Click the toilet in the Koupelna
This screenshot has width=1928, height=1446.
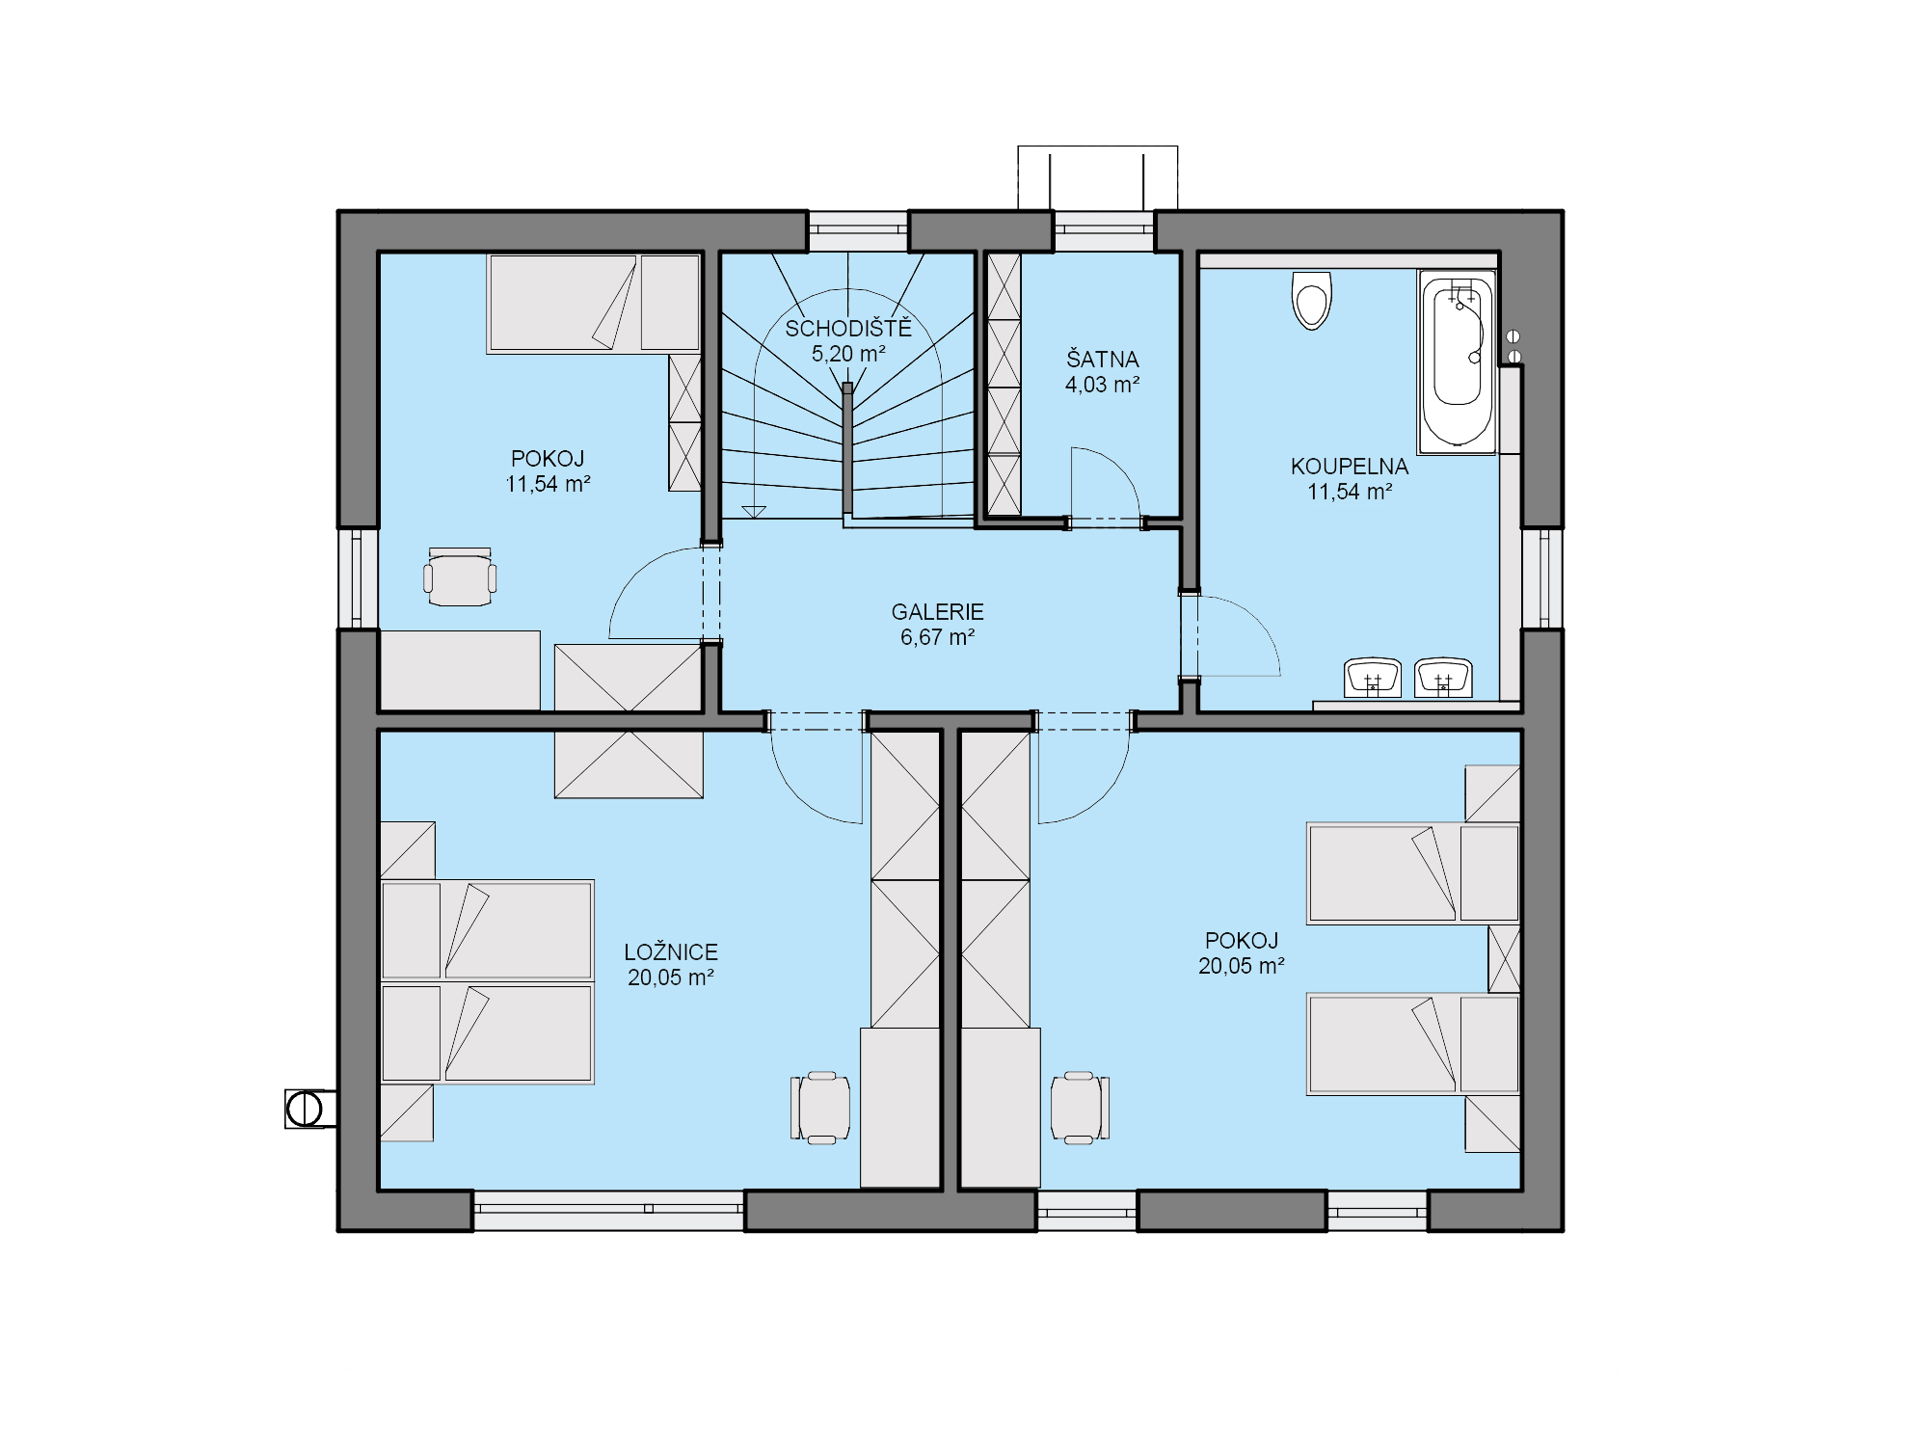point(1312,300)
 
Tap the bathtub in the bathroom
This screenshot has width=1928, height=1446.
point(1457,361)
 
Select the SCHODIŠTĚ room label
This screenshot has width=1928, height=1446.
point(848,329)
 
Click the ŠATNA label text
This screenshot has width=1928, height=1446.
point(1102,359)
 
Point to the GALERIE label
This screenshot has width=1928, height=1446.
point(937,612)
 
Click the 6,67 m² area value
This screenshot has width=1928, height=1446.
point(937,637)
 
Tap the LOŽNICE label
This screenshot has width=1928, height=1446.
point(671,951)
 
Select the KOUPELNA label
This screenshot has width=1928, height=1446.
point(1350,467)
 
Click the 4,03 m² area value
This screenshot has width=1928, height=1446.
point(1102,385)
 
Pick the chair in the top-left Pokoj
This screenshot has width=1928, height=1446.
point(460,577)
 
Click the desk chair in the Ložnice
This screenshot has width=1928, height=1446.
point(820,1108)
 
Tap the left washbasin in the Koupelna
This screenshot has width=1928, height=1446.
point(1373,678)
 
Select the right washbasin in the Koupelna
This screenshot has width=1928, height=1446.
point(1443,678)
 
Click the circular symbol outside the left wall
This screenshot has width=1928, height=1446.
point(306,1109)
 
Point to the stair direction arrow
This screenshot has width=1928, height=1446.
point(754,512)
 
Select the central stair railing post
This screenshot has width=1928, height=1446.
point(847,448)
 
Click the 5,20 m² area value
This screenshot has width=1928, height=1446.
point(848,354)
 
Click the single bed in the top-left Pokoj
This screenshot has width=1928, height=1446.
point(593,303)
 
